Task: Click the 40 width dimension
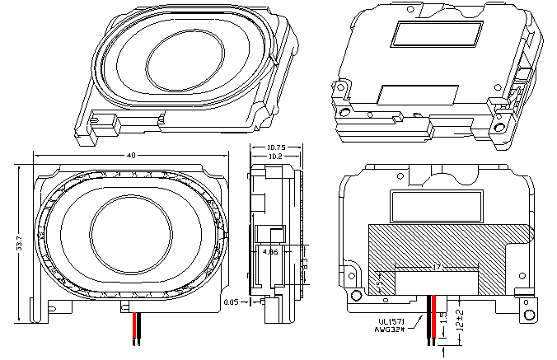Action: tap(130, 156)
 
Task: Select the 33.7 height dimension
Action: tap(19, 239)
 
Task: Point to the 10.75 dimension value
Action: tap(276, 147)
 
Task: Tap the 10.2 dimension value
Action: tap(276, 156)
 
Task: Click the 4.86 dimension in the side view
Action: tap(269, 253)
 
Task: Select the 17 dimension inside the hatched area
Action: tap(436, 267)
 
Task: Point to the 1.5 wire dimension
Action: tap(443, 317)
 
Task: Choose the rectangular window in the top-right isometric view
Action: tap(437, 34)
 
